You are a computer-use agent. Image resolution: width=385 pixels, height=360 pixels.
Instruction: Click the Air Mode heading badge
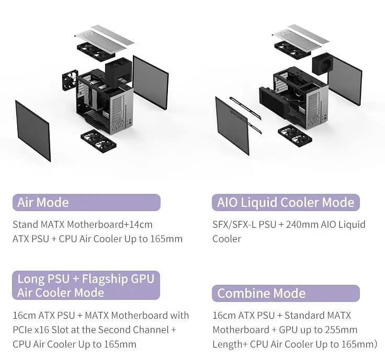tap(86, 203)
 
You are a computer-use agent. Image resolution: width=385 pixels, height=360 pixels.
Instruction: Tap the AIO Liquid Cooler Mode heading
tap(286, 203)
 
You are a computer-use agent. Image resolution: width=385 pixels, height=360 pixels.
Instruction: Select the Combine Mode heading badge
tap(286, 293)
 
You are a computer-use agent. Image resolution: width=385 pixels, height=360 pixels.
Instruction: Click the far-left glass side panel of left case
tap(33, 131)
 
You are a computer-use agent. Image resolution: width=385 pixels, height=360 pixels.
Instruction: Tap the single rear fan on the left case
tap(70, 80)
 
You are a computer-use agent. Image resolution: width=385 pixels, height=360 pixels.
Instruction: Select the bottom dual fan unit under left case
tap(98, 141)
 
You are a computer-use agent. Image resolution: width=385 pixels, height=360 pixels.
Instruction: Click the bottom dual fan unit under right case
tap(295, 135)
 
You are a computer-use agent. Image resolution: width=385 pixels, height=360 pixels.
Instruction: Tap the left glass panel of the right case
tap(232, 125)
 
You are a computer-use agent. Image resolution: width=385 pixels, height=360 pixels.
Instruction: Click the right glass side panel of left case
tap(151, 82)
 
